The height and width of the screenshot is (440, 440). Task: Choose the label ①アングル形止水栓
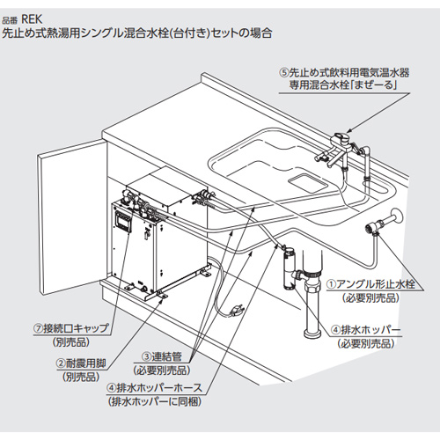[x=371, y=284]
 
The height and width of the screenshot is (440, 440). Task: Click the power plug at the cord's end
[x=236, y=310]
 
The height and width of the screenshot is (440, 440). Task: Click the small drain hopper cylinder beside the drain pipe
[x=286, y=261]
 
